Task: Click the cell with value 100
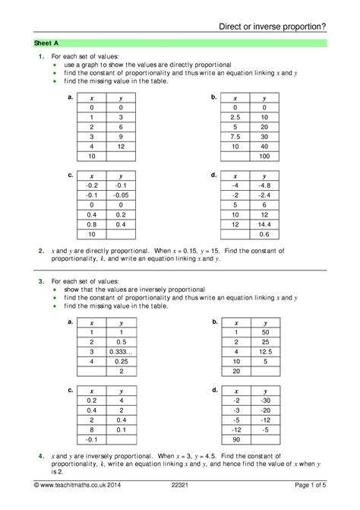pyautogui.click(x=264, y=156)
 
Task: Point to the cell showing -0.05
pyautogui.click(x=120, y=195)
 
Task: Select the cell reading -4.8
pyautogui.click(x=264, y=185)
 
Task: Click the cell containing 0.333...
pyautogui.click(x=120, y=352)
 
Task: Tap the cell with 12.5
pyautogui.click(x=264, y=352)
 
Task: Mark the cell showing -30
pyautogui.click(x=264, y=400)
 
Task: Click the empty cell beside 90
pyautogui.click(x=264, y=440)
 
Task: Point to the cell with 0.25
pyautogui.click(x=120, y=361)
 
